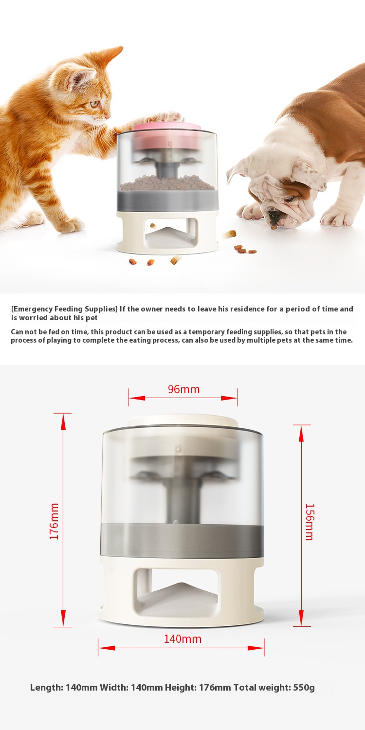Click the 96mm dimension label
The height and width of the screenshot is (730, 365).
point(183,389)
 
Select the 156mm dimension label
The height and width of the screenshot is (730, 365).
point(310,522)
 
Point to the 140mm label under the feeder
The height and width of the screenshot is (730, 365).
point(182,639)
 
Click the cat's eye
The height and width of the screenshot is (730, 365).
point(94,104)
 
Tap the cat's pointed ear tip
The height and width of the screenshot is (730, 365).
point(121,48)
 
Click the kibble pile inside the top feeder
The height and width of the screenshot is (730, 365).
point(167,183)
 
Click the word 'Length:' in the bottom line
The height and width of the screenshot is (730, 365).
point(47,688)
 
